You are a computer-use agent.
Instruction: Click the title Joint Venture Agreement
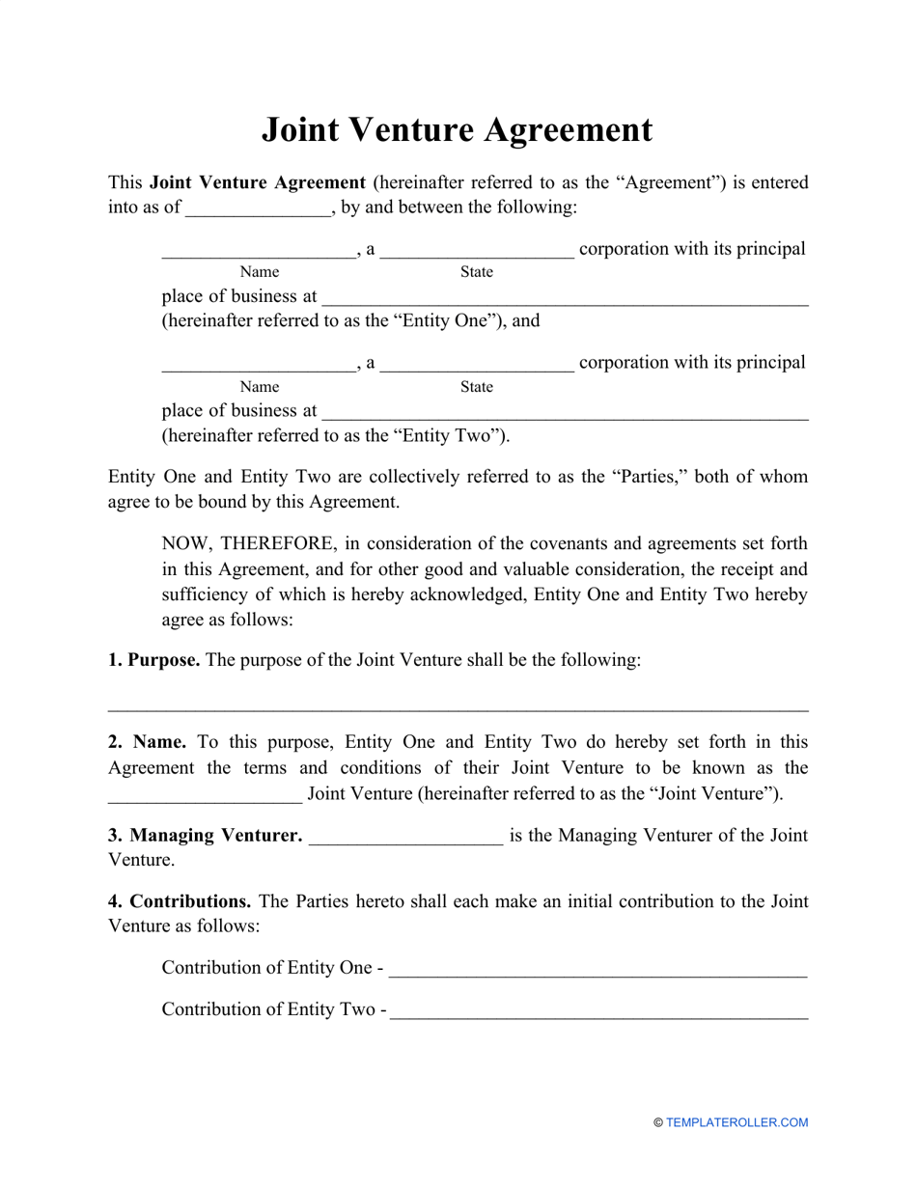tap(458, 130)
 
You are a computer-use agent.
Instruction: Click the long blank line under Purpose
tap(458, 708)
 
